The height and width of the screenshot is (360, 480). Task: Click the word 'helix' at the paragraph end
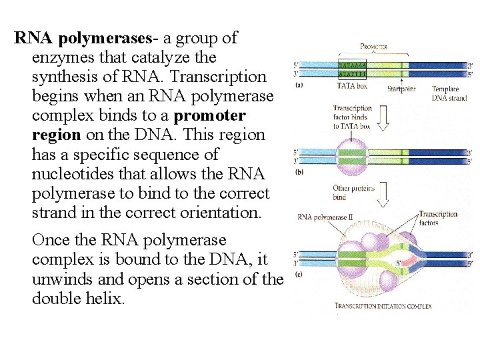(107, 298)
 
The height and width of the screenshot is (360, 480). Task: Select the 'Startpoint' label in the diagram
(401, 89)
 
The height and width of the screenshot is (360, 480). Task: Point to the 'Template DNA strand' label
(448, 93)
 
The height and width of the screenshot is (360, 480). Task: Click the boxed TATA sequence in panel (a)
(352, 69)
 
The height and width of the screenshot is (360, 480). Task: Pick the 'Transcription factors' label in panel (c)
(438, 218)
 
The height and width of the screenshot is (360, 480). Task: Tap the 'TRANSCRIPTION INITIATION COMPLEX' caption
(383, 307)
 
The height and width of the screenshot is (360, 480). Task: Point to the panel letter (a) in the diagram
(299, 85)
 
